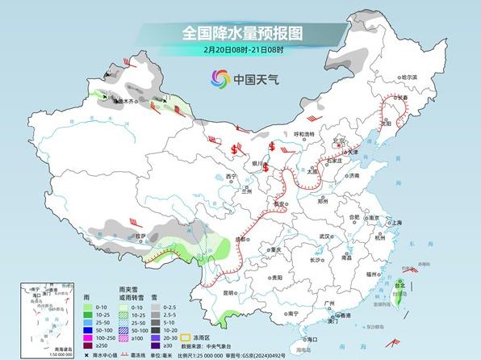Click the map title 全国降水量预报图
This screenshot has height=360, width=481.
[x=241, y=34]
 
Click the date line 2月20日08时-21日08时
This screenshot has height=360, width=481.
[x=241, y=50]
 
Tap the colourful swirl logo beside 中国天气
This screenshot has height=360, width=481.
[x=220, y=78]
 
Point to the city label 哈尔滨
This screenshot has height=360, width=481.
[x=388, y=77]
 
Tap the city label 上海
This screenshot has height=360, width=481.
[x=396, y=222]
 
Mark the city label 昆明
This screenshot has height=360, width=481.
[x=232, y=292]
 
